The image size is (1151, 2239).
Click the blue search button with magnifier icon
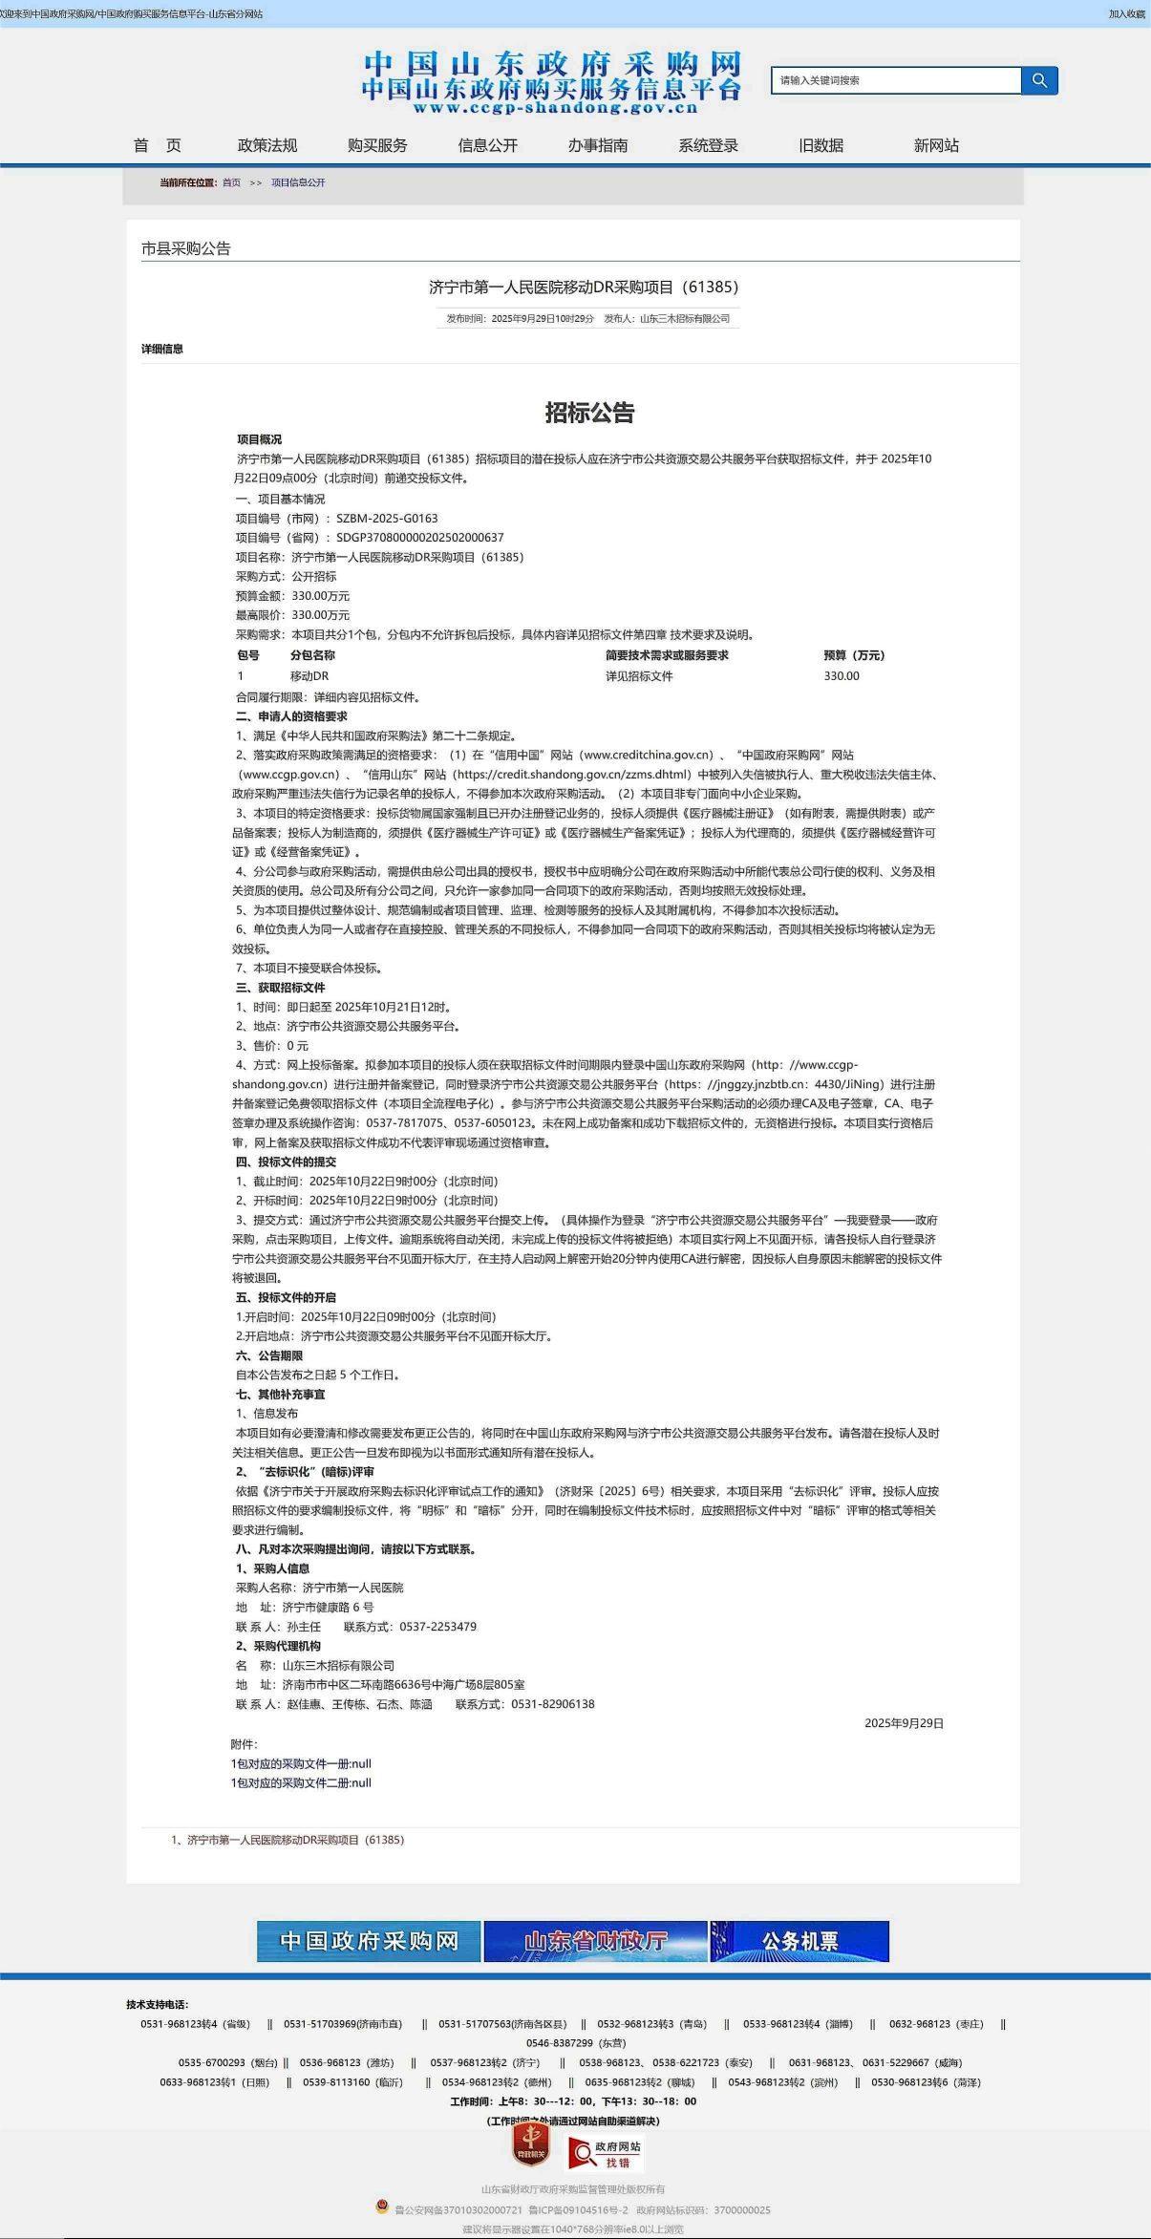coord(1039,81)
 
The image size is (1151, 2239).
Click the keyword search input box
coord(895,81)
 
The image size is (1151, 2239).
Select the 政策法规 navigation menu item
coord(267,145)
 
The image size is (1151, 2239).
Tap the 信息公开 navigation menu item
coord(487,145)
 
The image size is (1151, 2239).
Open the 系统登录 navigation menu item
coord(708,145)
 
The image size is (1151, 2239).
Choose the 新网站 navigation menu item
coord(936,145)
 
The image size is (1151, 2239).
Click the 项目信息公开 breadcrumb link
coord(298,182)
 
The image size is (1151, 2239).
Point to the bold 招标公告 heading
coord(589,413)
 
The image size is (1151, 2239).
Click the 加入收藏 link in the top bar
coord(1126,14)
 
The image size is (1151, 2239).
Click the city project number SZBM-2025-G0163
coord(387,519)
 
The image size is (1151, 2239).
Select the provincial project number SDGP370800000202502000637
coord(419,538)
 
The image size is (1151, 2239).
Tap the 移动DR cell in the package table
coord(309,676)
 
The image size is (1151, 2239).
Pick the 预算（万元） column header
coord(854,655)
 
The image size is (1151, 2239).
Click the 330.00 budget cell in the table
coord(842,676)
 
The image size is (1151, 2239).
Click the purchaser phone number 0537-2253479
coord(437,1627)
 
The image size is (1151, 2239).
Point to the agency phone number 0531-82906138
coord(552,1704)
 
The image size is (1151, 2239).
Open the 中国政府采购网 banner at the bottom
coord(369,1942)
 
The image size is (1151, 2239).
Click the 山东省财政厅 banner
coord(595,1942)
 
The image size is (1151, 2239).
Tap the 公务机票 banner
coord(799,1942)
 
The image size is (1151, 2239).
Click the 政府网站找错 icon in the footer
coord(606,2154)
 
